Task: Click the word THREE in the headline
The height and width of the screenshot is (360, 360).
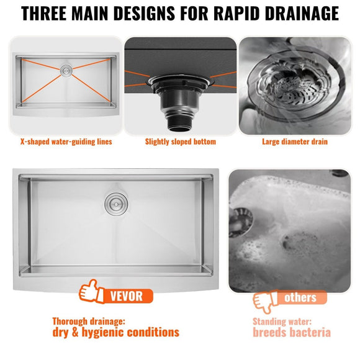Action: click(x=50, y=14)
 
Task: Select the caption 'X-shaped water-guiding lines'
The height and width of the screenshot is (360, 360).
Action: click(x=66, y=142)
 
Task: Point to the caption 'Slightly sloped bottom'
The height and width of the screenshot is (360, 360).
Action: click(x=181, y=142)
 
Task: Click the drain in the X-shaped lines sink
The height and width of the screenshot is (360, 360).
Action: click(x=66, y=71)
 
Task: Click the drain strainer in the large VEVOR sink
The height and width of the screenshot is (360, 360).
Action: click(x=114, y=202)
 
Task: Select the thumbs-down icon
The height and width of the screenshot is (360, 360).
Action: click(x=264, y=301)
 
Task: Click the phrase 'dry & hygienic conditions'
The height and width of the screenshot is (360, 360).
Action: click(x=115, y=333)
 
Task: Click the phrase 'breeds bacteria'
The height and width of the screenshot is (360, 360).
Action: click(x=291, y=333)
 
